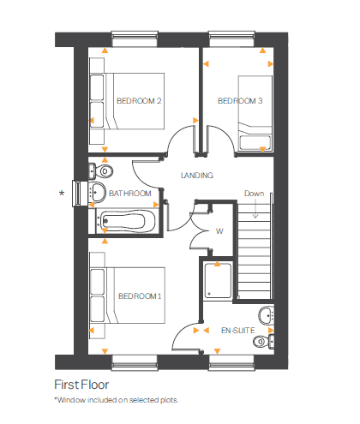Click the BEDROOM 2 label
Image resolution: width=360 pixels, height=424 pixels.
pyautogui.click(x=139, y=101)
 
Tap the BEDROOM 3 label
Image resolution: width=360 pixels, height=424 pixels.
pyautogui.click(x=240, y=101)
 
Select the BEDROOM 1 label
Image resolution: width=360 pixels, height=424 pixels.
pyautogui.click(x=139, y=296)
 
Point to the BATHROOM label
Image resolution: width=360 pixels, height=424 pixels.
pyautogui.click(x=130, y=194)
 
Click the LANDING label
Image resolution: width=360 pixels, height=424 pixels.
pyautogui.click(x=196, y=176)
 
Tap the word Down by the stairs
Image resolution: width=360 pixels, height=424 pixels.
pyautogui.click(x=253, y=194)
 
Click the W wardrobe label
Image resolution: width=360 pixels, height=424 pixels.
pyautogui.click(x=219, y=230)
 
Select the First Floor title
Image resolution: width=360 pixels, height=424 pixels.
pyautogui.click(x=81, y=385)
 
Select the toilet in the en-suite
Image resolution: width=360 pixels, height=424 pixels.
pyautogui.click(x=263, y=341)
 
